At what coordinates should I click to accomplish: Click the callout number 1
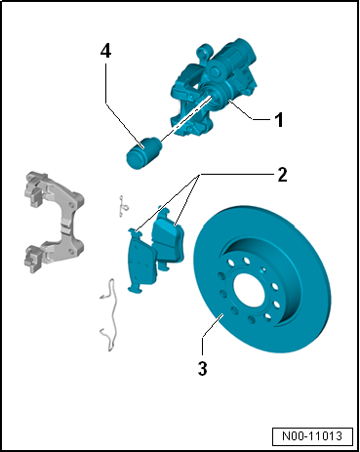pos(279,120)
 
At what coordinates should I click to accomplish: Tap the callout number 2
pos(282,175)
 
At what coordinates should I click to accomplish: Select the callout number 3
pos(202,368)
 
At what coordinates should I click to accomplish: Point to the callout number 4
pos(105,51)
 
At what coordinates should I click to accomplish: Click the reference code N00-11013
pos(312,435)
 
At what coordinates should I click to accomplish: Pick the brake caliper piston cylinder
pos(143,153)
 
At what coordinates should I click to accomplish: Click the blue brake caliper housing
pos(213,88)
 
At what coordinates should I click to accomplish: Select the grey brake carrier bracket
pos(54,222)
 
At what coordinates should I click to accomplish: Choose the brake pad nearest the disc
pos(168,237)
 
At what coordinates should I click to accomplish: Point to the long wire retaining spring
pos(109,314)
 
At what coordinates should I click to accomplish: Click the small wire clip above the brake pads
pos(123,206)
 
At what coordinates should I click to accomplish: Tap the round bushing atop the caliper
pos(203,51)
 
